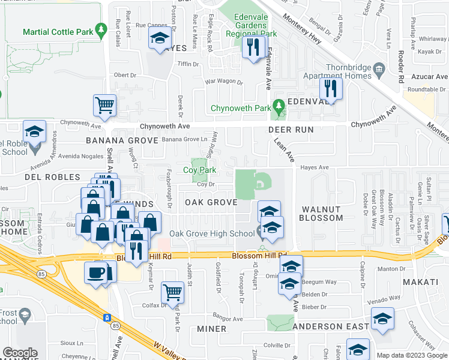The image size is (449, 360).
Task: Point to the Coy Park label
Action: [199, 170]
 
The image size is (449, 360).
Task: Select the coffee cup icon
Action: [97, 273]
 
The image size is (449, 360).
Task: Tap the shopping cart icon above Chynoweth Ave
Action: [104, 106]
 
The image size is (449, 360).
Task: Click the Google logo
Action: [20, 353]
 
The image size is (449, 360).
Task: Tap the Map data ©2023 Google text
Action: [412, 355]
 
